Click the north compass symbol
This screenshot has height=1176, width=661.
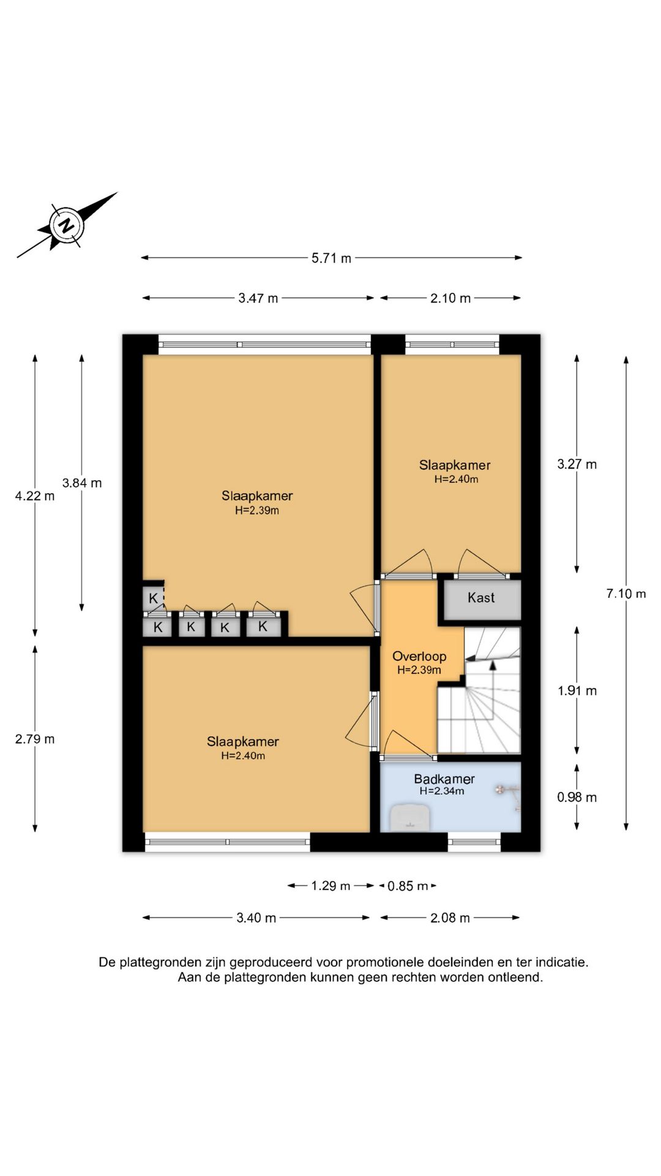coord(66,225)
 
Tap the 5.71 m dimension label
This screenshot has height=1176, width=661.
coord(331,258)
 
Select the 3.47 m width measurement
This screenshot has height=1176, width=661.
coord(258,298)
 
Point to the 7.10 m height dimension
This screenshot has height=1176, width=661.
coord(626,594)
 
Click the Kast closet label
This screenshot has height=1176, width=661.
coord(481,598)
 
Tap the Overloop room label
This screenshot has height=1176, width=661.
coord(419,656)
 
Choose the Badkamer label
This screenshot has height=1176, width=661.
coord(444,779)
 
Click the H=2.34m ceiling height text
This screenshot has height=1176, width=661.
coord(442,791)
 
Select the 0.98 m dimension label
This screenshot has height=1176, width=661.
coord(577,797)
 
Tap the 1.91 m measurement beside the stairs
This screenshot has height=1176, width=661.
coord(577,691)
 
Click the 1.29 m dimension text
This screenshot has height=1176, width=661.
coord(330,886)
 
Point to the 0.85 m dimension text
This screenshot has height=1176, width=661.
coord(408,886)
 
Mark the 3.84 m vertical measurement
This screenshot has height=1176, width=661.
coord(81,483)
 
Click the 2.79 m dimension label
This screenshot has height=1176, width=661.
coord(35,739)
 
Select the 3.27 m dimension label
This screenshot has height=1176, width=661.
coord(577,464)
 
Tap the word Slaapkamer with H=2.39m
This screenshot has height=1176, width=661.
coord(257,496)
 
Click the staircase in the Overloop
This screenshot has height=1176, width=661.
coord(479,690)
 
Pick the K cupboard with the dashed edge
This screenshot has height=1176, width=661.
coord(154,598)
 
